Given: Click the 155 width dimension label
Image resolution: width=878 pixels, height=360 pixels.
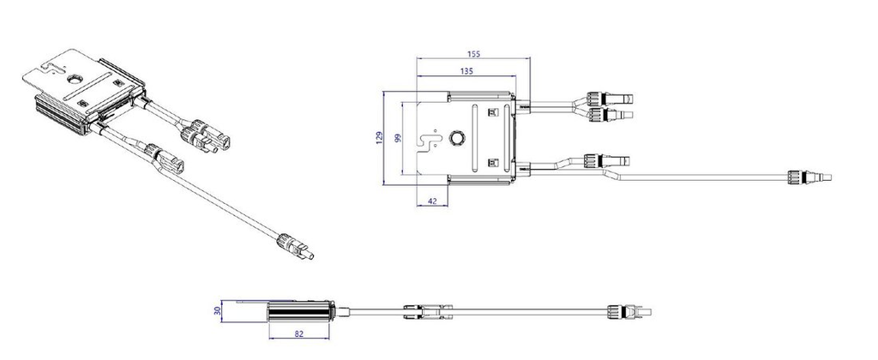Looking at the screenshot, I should tap(473, 53).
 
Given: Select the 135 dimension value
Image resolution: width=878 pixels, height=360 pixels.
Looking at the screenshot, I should tap(467, 72).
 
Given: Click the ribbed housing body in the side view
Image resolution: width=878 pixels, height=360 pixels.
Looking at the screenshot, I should tap(298, 310).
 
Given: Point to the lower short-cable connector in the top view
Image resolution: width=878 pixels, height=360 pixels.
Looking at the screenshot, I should tap(604, 159).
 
